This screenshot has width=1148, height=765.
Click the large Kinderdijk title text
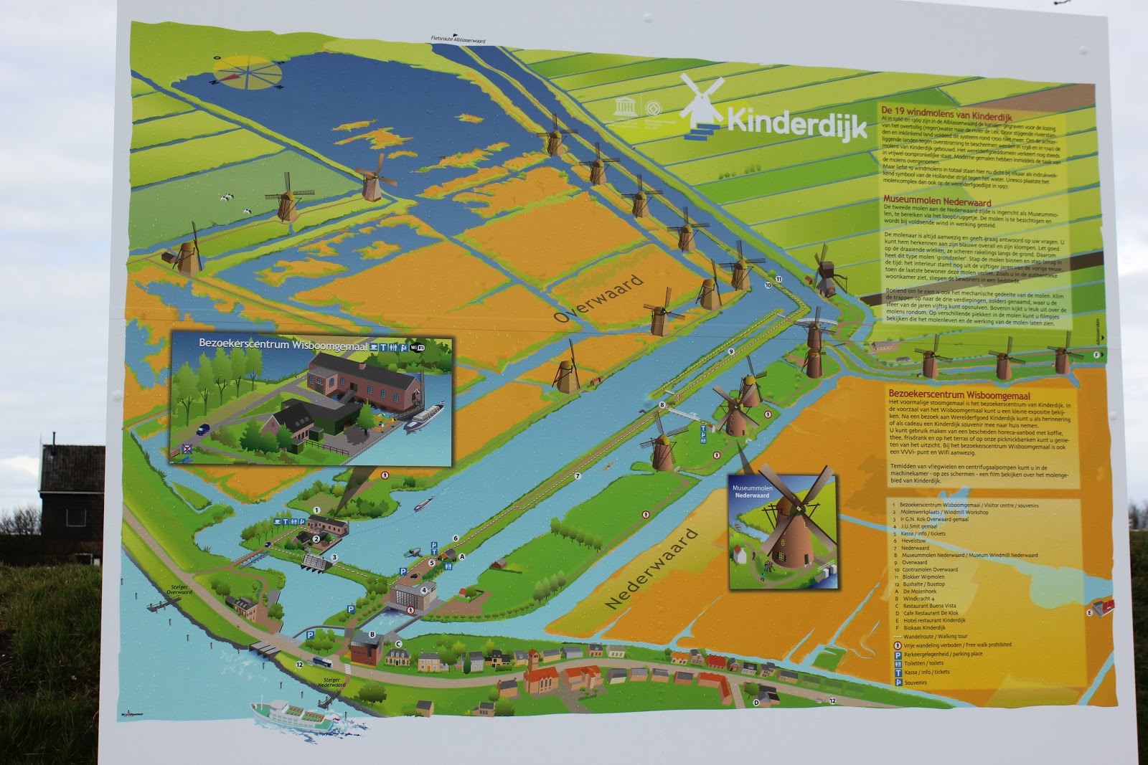[796, 122]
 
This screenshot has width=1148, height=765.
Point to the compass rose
[247, 73]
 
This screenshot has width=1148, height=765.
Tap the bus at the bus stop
[321, 663]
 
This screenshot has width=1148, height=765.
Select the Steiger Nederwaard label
[331, 683]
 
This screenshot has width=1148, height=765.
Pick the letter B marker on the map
[372, 634]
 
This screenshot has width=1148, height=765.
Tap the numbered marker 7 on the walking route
[577, 475]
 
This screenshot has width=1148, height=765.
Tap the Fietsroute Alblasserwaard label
[458, 40]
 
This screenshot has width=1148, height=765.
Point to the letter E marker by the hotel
[1089, 612]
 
